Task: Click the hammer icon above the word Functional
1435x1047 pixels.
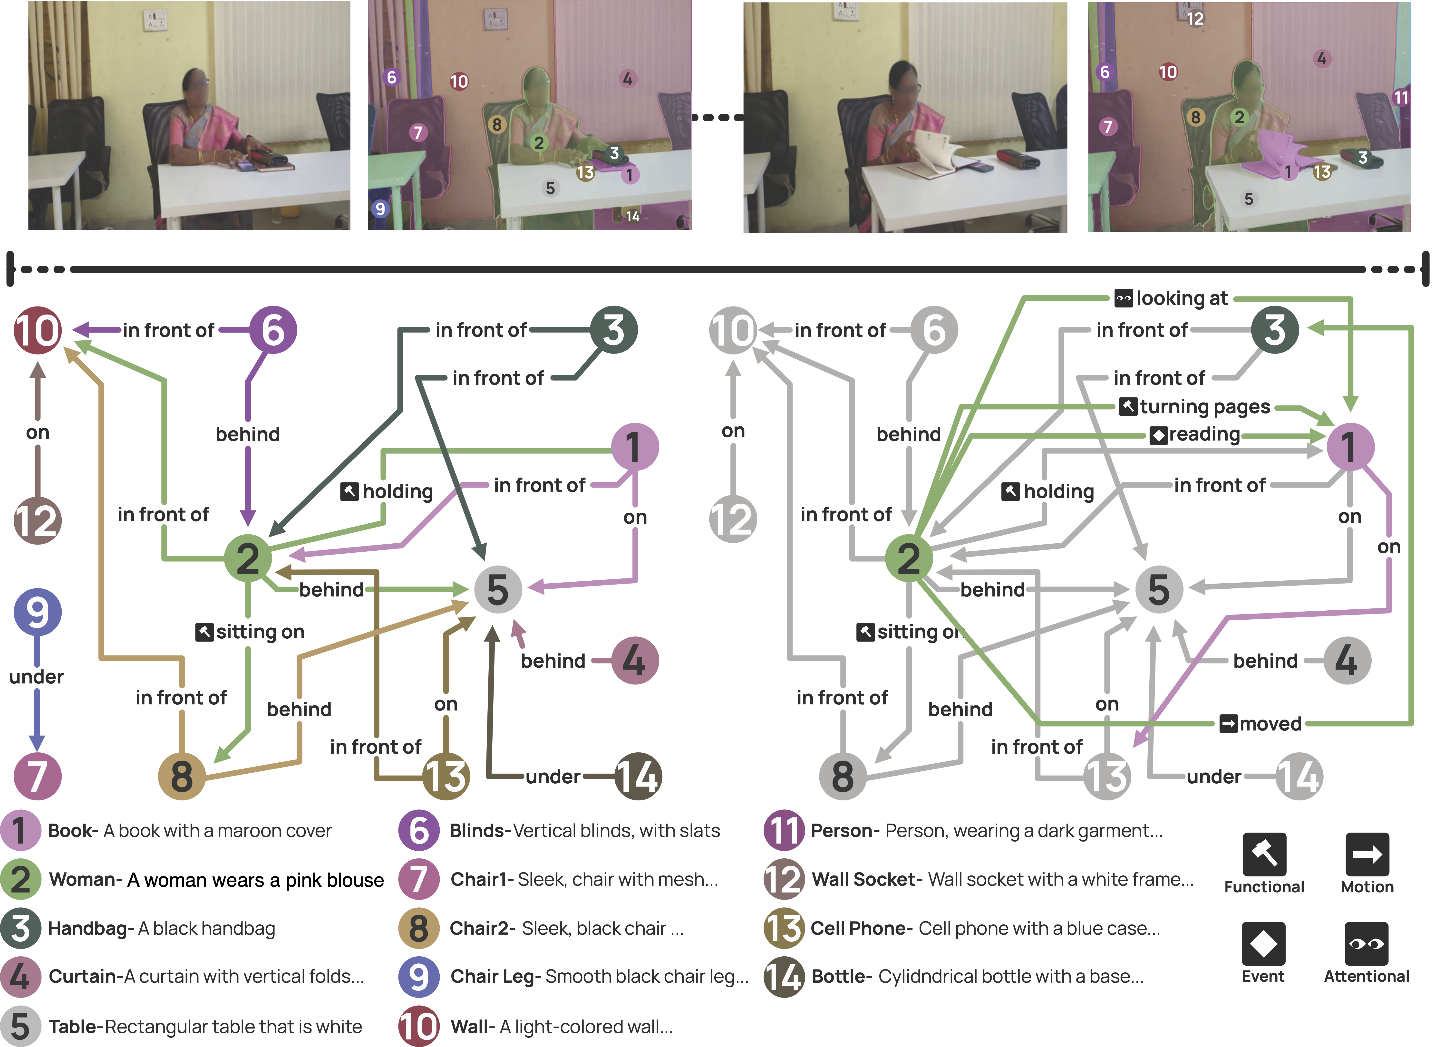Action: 1264,854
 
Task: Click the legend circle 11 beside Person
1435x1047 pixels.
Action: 784,830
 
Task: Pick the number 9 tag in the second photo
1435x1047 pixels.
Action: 380,209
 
